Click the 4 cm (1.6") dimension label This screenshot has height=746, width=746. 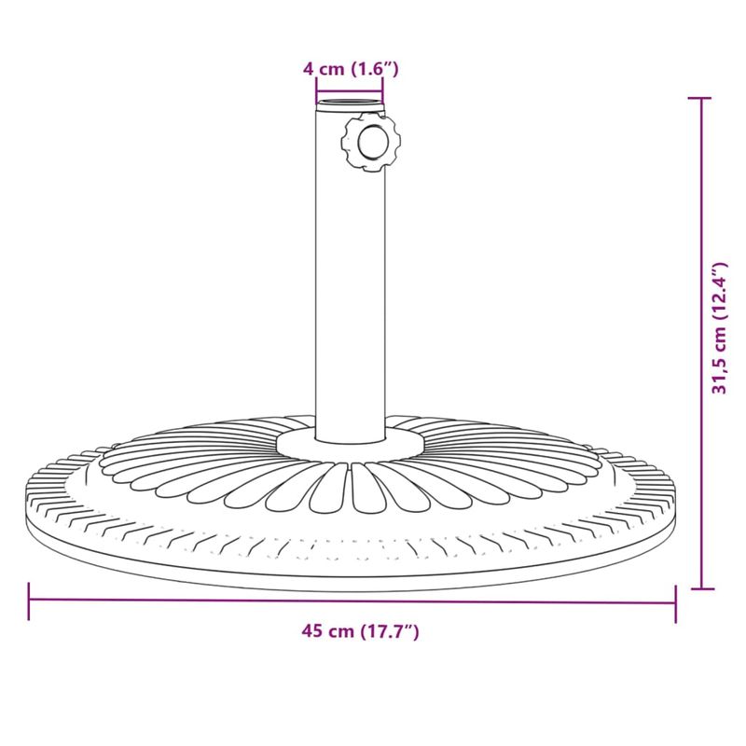pyautogui.click(x=351, y=68)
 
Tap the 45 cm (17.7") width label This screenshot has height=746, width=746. pyautogui.click(x=360, y=631)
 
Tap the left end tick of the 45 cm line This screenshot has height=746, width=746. pyautogui.click(x=30, y=601)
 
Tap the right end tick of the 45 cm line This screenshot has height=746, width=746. pyautogui.click(x=674, y=601)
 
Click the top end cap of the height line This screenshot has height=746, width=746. pyautogui.click(x=701, y=97)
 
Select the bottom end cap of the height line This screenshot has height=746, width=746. pyautogui.click(x=701, y=588)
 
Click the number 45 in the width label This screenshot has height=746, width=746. pyautogui.click(x=311, y=631)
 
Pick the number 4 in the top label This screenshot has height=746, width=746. pyautogui.click(x=308, y=68)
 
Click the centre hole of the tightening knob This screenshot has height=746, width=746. pyautogui.click(x=371, y=143)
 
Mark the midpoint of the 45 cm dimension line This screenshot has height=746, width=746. pyautogui.click(x=352, y=601)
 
